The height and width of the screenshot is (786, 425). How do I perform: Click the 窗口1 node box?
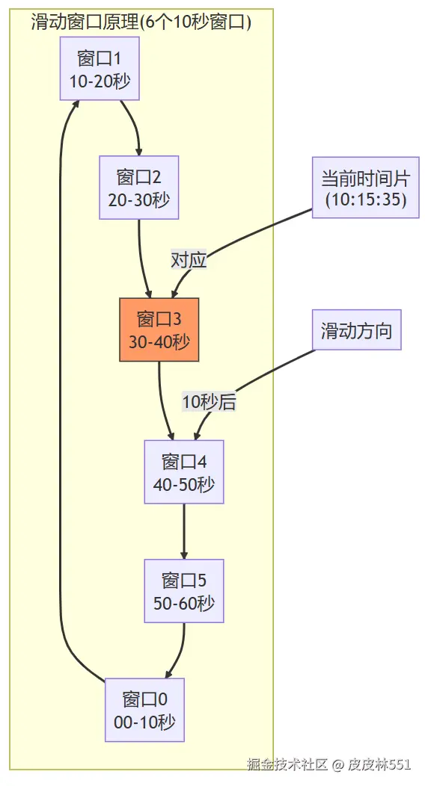tap(100, 69)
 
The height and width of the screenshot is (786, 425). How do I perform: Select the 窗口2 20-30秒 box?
tap(139, 188)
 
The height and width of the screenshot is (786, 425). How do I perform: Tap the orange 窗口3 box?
tap(159, 330)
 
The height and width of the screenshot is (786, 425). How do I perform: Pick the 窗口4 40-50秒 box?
tap(183, 472)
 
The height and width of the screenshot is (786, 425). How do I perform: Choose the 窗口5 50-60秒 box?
tap(183, 591)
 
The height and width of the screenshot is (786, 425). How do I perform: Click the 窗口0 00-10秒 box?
tap(144, 710)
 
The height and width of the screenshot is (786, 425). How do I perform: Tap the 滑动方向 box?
tap(356, 330)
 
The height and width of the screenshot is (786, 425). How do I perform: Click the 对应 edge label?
tap(189, 260)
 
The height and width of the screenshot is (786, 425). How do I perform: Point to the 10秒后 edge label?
tap(209, 402)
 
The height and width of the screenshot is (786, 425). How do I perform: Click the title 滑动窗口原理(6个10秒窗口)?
tap(141, 22)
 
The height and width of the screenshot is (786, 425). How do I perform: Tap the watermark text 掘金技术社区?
tap(288, 764)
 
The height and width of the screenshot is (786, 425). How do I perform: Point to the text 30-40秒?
tap(159, 342)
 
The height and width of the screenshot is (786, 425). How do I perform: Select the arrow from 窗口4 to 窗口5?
tap(183, 530)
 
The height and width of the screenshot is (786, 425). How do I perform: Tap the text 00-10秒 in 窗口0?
tap(144, 722)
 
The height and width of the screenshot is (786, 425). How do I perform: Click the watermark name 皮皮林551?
tap(379, 764)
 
